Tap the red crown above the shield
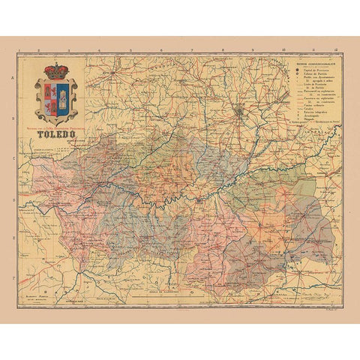click(55, 71)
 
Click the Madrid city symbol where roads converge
click(238, 113)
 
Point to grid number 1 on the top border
click(28, 52)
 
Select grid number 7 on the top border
click(192, 52)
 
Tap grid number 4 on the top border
click(100, 52)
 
